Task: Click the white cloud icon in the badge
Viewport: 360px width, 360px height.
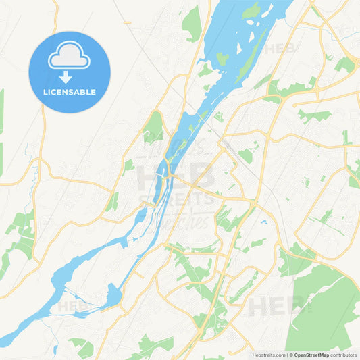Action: coord(69,57)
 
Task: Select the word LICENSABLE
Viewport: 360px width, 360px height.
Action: coord(69,92)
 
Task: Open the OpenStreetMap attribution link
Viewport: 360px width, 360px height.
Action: coord(310,354)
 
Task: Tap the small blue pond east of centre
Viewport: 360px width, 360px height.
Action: coord(263,221)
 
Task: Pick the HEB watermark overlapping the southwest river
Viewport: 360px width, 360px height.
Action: coord(73,306)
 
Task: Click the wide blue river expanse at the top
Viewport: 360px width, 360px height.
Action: coord(236,27)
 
